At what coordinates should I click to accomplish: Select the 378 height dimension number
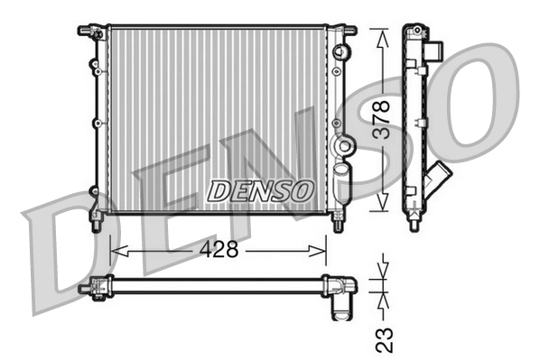click(x=384, y=118)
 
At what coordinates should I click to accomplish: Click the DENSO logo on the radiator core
click(x=260, y=190)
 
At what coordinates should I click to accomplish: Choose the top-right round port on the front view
click(x=340, y=51)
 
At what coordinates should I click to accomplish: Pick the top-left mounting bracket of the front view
click(x=89, y=32)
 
